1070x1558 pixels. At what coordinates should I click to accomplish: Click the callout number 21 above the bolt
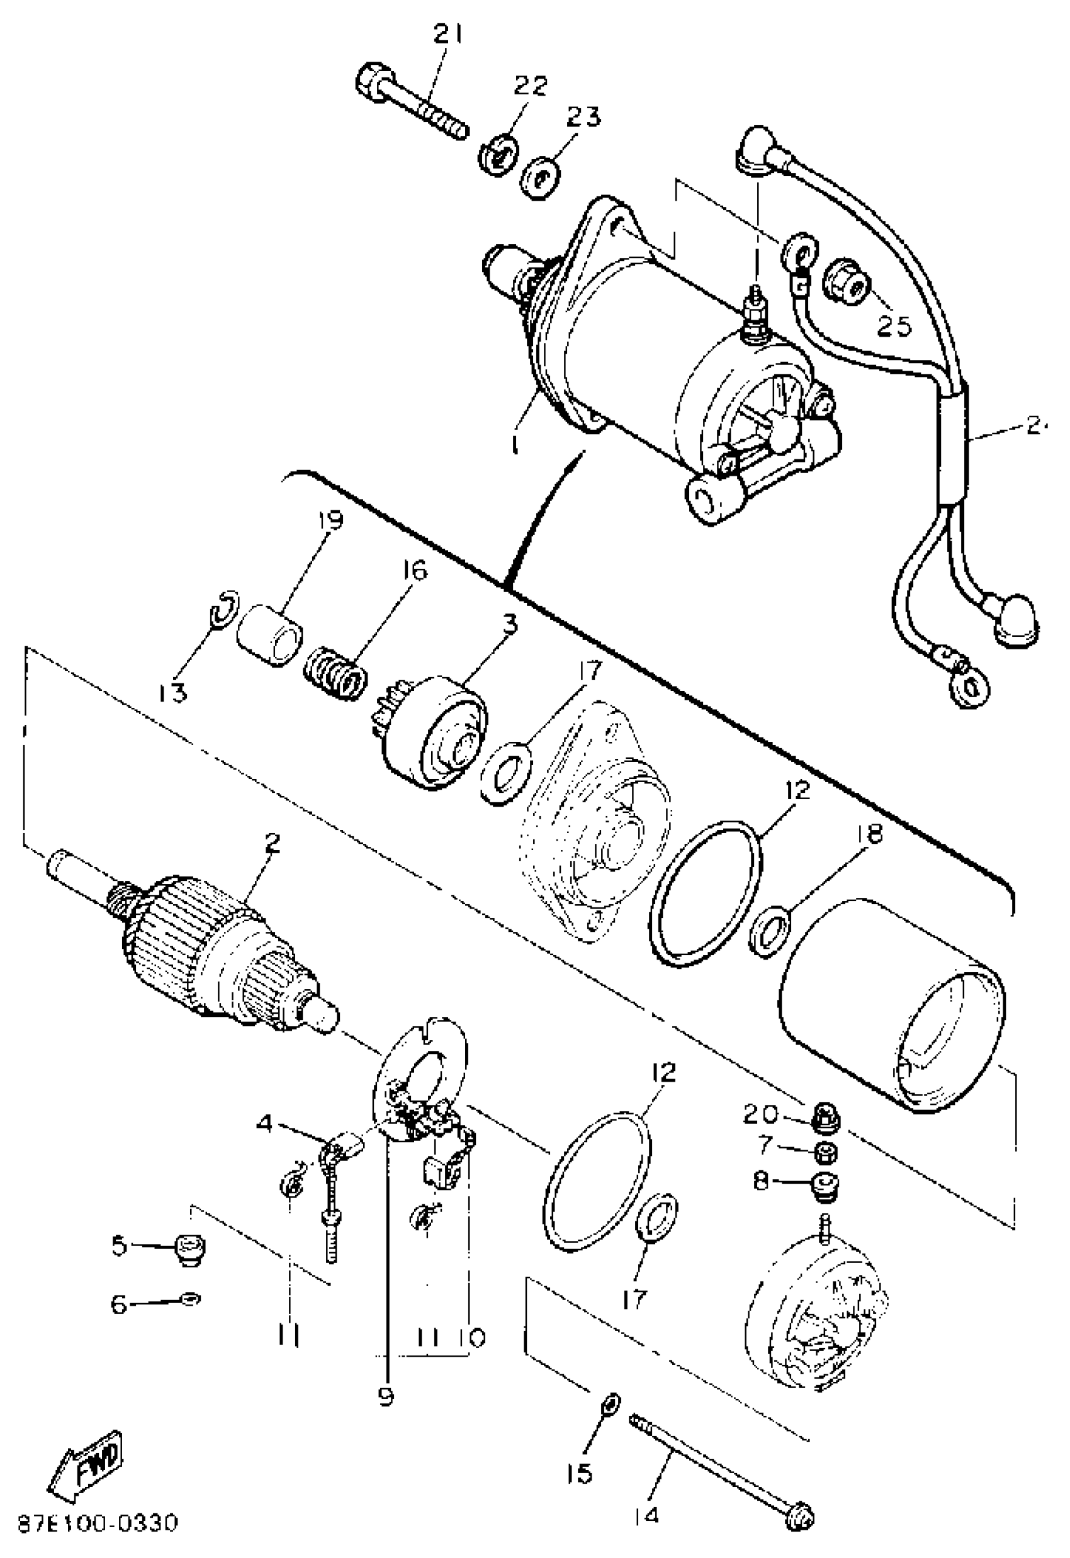pyautogui.click(x=448, y=34)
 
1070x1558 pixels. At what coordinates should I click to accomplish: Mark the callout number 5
pyautogui.click(x=120, y=1246)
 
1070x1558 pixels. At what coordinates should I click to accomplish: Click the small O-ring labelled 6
pyautogui.click(x=191, y=1300)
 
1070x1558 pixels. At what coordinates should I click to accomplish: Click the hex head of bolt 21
pyautogui.click(x=369, y=82)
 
